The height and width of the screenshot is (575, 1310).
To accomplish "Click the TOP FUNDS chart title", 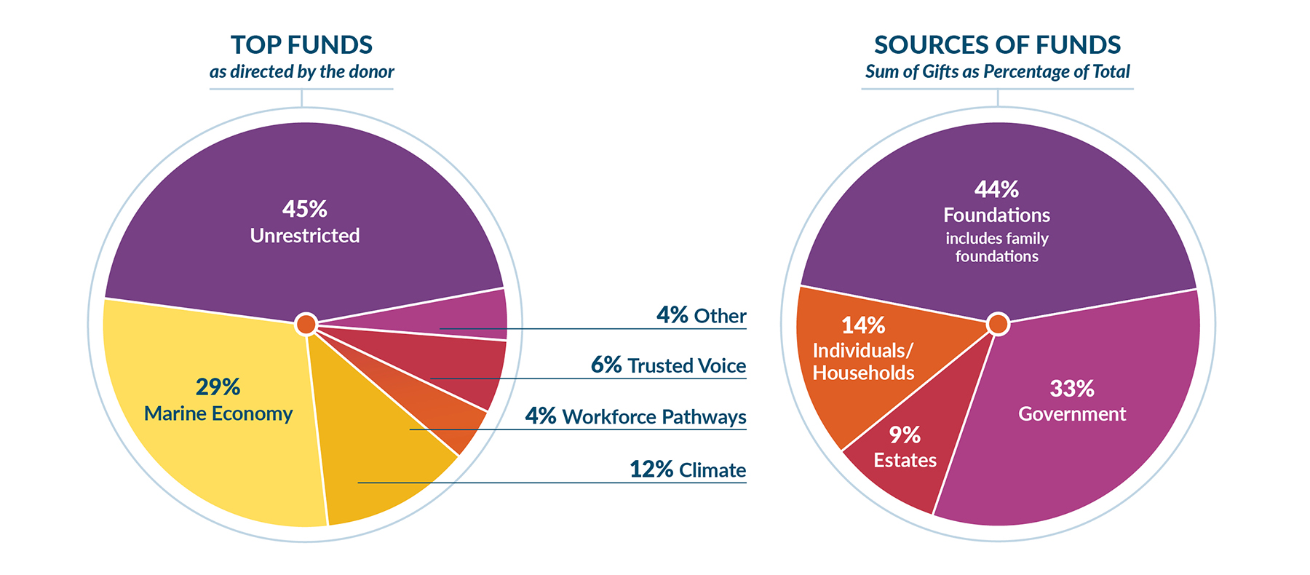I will pyautogui.click(x=301, y=45).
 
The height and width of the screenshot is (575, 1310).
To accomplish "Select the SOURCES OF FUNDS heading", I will pyautogui.click(x=997, y=45).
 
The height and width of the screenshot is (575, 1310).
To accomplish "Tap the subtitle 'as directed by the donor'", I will pyautogui.click(x=301, y=72).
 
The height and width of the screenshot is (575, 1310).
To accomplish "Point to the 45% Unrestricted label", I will pyautogui.click(x=305, y=222).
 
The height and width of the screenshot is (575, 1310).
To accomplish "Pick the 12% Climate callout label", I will pyautogui.click(x=687, y=469).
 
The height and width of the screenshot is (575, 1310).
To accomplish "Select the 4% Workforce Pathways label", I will pyautogui.click(x=635, y=416).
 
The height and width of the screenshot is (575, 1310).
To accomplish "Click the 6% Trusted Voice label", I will pyautogui.click(x=668, y=365).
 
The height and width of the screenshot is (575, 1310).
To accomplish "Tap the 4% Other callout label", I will pyautogui.click(x=701, y=315).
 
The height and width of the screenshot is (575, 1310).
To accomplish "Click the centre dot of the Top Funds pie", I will pyautogui.click(x=306, y=324).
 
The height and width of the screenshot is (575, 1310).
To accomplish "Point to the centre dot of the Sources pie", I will pyautogui.click(x=998, y=324).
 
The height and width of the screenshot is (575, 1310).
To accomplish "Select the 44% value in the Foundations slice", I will pyautogui.click(x=996, y=189).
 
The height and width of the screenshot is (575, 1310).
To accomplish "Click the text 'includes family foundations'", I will pyautogui.click(x=996, y=247).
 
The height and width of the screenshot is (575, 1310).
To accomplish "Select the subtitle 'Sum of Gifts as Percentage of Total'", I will pyautogui.click(x=997, y=72).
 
